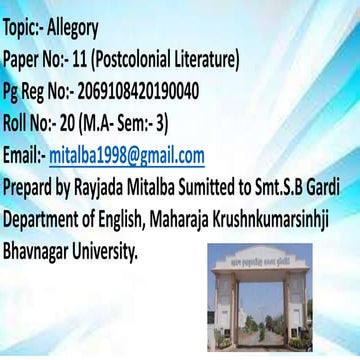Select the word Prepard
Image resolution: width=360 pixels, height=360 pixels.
(x=31, y=188)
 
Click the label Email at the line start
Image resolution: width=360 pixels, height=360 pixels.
(x=23, y=156)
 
